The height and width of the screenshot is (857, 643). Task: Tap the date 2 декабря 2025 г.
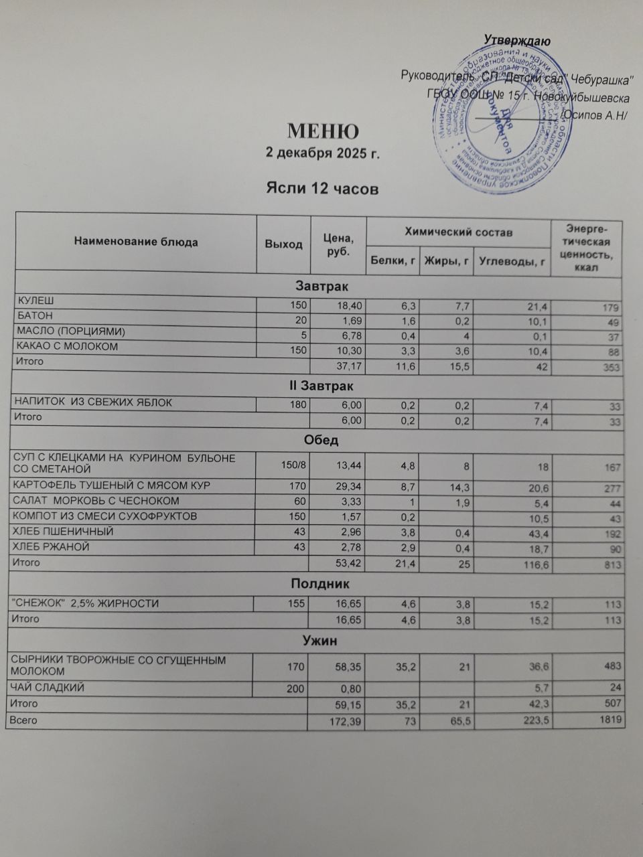[323, 153]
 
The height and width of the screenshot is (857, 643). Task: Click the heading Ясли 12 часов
[323, 189]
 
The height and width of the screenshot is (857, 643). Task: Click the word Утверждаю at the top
[516, 42]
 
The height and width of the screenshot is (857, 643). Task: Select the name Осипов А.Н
[593, 115]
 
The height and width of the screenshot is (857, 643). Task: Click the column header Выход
[284, 244]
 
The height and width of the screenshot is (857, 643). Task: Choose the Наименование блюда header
[136, 242]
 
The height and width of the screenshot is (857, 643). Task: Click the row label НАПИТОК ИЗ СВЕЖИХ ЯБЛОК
[94, 403]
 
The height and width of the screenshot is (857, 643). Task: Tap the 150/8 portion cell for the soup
[293, 465]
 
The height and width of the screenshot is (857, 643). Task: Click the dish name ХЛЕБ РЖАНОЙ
[53, 547]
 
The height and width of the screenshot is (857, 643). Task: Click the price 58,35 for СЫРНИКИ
[348, 666]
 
